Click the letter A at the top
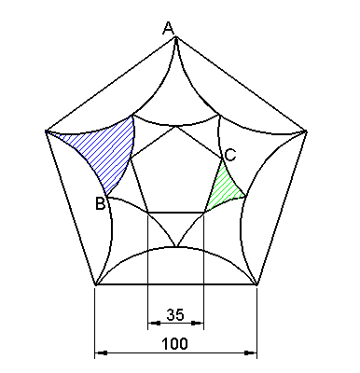169,29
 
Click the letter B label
100,203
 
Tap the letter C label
230,155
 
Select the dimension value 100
175,343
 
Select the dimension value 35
175,313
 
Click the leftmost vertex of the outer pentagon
45,131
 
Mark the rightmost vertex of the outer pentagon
308,131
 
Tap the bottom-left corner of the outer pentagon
95,285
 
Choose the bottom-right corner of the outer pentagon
257,285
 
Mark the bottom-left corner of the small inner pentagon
148,214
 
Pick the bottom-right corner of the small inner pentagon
204,214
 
